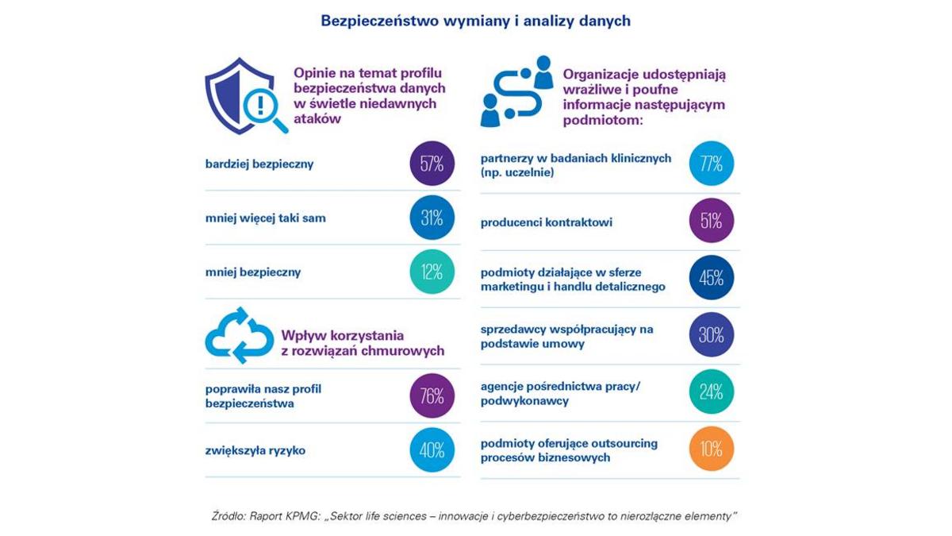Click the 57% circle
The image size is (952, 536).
(x=432, y=164)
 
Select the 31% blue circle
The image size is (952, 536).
(x=432, y=218)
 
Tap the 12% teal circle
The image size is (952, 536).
(x=432, y=272)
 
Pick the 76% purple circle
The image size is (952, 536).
(x=432, y=395)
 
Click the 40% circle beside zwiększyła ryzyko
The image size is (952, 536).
(x=432, y=450)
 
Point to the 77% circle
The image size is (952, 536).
(x=712, y=164)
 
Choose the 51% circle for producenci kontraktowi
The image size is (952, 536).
(x=712, y=221)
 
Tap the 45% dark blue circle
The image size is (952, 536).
(x=712, y=278)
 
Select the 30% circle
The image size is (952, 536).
(x=712, y=335)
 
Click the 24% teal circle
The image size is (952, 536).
(x=712, y=391)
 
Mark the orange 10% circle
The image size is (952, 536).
(x=712, y=449)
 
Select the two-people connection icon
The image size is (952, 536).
(x=516, y=91)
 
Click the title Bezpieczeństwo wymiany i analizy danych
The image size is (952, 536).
(x=475, y=21)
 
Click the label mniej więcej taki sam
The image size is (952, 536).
(x=265, y=218)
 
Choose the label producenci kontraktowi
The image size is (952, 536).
(x=546, y=222)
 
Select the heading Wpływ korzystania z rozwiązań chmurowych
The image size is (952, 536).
(x=363, y=343)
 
